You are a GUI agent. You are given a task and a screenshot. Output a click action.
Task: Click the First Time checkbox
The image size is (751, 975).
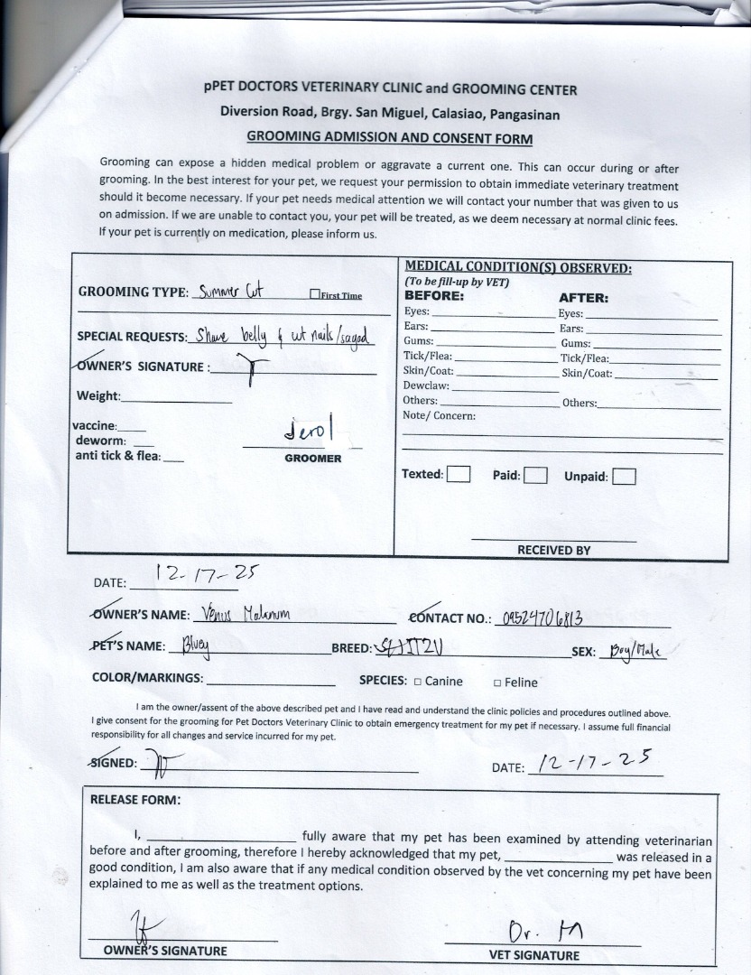point(314,294)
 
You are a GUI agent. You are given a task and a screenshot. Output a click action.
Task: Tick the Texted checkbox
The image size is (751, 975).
point(459,475)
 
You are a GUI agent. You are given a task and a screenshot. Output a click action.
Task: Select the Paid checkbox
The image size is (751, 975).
point(535,476)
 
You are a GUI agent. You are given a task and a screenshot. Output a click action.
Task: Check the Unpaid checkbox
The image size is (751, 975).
point(625,477)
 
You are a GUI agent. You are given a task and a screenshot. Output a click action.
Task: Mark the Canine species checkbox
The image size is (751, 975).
point(417,682)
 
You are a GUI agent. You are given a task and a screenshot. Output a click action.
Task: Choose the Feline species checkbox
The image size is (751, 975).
point(497,683)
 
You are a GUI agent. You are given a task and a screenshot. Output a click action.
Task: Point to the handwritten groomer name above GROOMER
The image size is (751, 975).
point(309,431)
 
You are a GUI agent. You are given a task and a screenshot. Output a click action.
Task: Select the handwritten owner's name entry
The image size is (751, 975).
point(242,615)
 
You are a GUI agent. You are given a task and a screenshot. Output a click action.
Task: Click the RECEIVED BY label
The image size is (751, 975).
point(553,550)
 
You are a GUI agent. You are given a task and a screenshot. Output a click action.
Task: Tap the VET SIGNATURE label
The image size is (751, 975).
point(534,955)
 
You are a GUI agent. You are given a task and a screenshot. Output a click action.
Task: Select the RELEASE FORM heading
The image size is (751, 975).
point(134,800)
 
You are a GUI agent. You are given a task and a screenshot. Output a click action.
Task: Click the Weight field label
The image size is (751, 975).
point(97,395)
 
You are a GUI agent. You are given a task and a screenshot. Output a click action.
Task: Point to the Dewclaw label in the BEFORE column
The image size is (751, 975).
point(425,385)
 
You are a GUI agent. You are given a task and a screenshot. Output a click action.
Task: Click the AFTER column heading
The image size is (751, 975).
point(583,297)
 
